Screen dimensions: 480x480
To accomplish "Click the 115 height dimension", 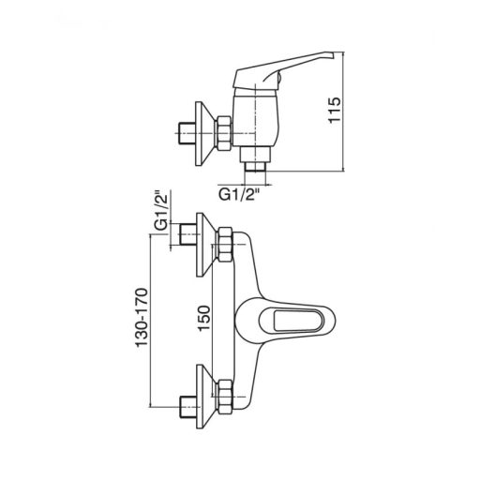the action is coord(334,111).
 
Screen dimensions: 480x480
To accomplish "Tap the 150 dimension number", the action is coord(203,318).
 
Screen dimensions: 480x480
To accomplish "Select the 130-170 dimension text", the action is coord(142,318).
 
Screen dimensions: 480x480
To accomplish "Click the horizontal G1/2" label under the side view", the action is coord(239,195).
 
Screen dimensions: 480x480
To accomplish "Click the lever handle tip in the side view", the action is coord(331,55).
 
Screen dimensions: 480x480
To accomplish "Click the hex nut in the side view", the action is coord(224,131).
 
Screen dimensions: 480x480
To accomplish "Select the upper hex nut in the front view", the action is coord(225,245).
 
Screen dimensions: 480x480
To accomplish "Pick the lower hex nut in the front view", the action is coord(225,397).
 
